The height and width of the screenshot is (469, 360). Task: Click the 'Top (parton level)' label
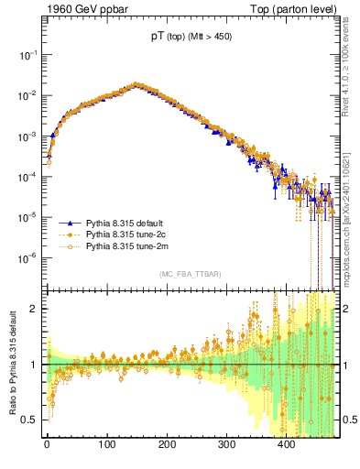(x=303, y=10)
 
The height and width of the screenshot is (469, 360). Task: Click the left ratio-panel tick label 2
(x=36, y=309)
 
